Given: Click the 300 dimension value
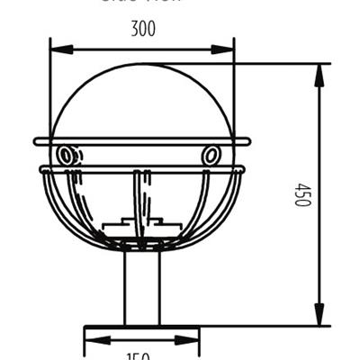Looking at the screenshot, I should point(142,29).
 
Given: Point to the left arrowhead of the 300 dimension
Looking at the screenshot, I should point(56,47).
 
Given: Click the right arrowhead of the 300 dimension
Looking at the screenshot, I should point(228,47).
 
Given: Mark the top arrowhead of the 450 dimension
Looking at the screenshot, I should point(319,72).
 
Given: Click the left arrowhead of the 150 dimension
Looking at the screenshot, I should point(90,340).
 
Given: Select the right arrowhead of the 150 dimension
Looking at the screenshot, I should point(193,340).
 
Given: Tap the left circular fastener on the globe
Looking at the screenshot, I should point(66,156).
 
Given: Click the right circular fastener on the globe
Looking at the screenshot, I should point(211,156).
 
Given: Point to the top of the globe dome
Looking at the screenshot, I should point(142,66).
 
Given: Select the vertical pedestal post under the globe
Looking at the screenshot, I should point(142,288).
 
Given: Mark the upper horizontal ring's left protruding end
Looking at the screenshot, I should point(39,141).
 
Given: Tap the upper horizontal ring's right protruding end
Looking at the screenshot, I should point(247,141).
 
